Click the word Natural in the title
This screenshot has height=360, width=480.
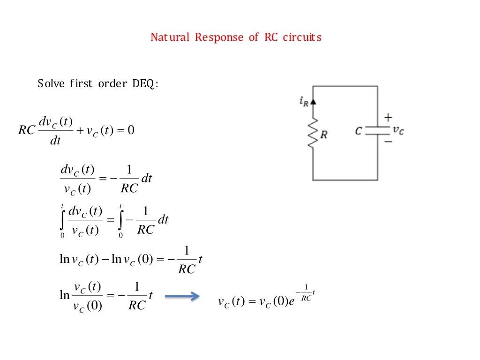coord(170,37)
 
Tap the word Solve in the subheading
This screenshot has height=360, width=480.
coord(51,84)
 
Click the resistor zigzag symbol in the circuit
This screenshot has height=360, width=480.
coord(313,134)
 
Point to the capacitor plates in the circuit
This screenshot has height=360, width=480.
coord(377,130)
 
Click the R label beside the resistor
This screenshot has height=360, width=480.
coord(324,135)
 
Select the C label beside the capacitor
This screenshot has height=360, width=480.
coord(359,131)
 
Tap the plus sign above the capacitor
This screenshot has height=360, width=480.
coord(389,117)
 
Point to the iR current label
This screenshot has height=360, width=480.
coord(304,102)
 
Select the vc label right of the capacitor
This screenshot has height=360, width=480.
coord(398,130)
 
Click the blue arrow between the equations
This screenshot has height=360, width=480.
coord(182,296)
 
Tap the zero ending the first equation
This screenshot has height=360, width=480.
coord(131,130)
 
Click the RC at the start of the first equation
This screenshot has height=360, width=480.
coord(27,130)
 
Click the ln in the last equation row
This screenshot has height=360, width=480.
coord(64,295)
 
